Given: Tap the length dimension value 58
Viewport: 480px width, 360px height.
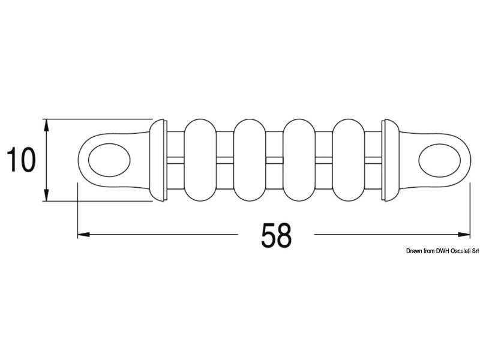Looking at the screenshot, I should click(276, 235).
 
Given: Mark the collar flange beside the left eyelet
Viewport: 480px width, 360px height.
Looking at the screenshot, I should click(158, 160).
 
